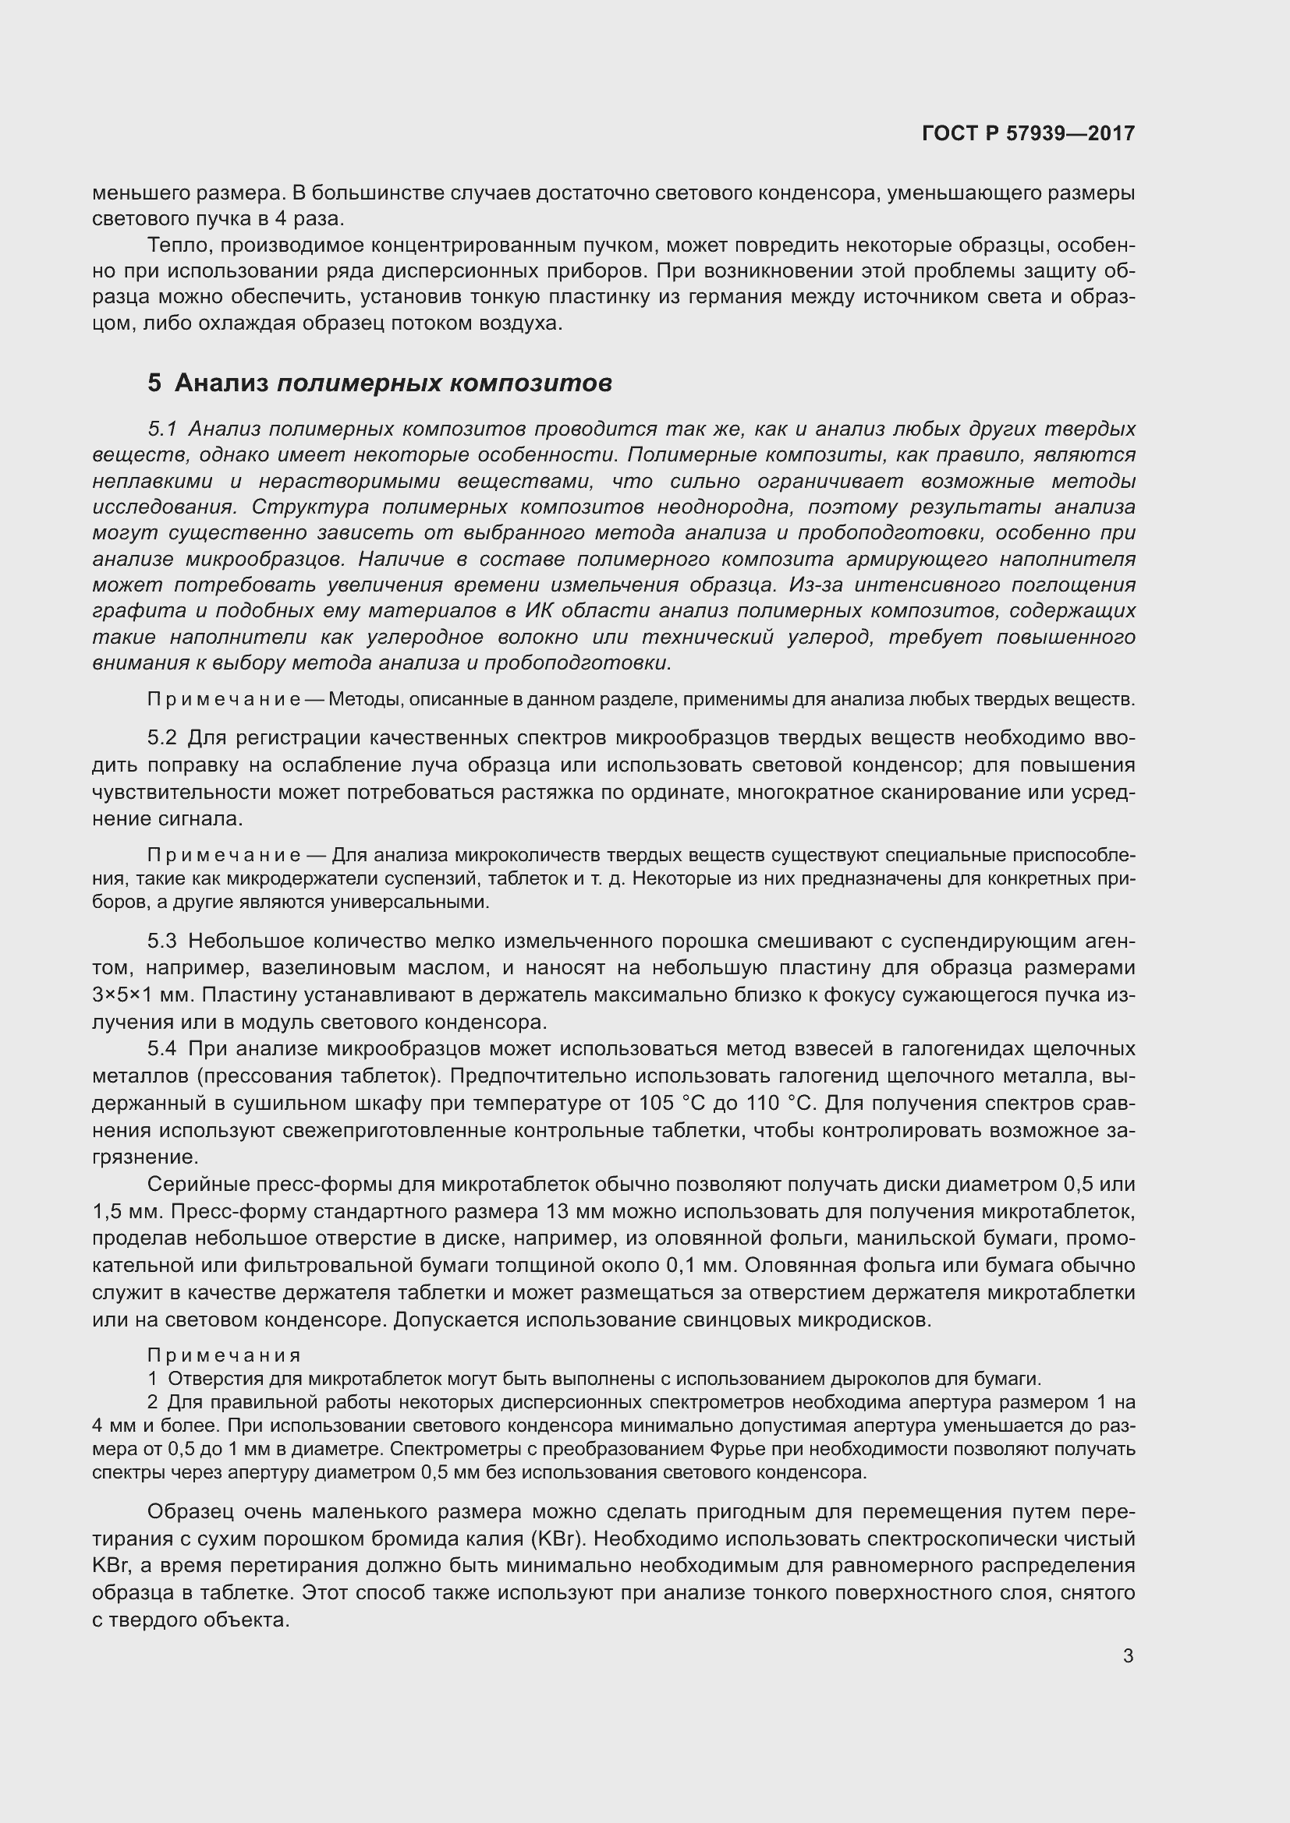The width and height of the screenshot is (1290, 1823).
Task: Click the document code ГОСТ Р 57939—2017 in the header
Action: pos(1028,133)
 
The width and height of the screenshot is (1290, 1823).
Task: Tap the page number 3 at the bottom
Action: pos(1128,1656)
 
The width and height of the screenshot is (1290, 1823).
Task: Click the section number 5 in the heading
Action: pos(154,383)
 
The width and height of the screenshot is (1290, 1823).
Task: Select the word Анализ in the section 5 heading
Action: pos(221,383)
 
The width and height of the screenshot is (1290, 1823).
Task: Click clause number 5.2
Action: pos(162,738)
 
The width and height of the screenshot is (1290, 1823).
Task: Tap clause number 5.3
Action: pos(162,942)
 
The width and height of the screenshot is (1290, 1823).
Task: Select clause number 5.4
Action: pos(162,1049)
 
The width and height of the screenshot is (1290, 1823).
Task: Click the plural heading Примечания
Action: pos(224,1355)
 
